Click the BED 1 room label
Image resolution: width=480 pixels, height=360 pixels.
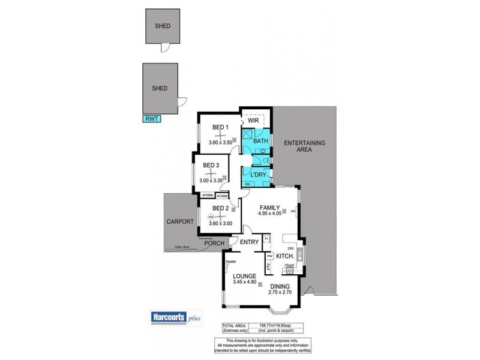click(x=221, y=127)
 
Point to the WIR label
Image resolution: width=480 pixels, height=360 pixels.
click(x=253, y=121)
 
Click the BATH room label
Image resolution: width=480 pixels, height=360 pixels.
click(x=260, y=141)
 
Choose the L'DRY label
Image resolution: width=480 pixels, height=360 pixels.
click(x=257, y=175)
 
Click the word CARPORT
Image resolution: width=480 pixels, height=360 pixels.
click(x=180, y=221)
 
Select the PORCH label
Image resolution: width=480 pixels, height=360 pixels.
click(x=213, y=243)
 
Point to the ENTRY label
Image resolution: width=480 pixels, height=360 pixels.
click(x=249, y=242)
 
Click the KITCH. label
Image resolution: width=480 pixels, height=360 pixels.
click(x=284, y=256)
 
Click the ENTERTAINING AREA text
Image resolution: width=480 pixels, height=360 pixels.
click(x=304, y=146)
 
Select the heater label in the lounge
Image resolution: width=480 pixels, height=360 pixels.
click(x=230, y=262)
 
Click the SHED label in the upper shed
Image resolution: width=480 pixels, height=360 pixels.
click(x=162, y=26)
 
